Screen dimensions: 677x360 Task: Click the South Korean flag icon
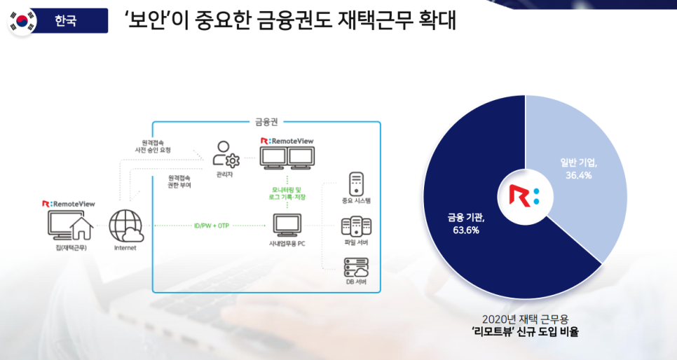[22, 21]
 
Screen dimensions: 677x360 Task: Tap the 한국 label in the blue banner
[66, 21]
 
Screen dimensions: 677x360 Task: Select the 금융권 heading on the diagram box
[266, 122]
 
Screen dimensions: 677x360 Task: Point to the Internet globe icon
[126, 225]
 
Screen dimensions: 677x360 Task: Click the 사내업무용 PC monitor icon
[287, 225]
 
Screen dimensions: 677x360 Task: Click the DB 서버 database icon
[355, 268]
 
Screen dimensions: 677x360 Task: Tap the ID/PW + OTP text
[211, 226]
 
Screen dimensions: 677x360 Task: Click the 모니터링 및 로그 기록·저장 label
[288, 193]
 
